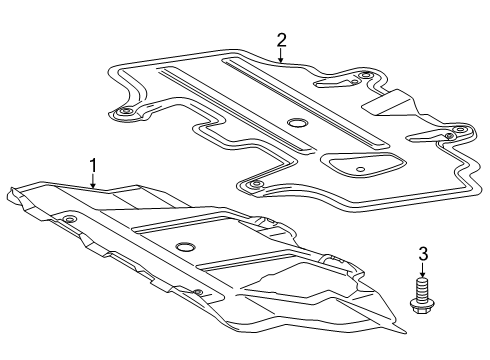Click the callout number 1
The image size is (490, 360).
(93, 165)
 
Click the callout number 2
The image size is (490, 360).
(281, 40)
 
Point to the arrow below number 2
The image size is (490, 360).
(281, 58)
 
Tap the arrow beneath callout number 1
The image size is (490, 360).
(93, 182)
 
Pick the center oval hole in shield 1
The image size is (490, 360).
(184, 247)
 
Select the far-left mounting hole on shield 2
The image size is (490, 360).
(126, 113)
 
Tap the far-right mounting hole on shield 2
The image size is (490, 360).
(460, 130)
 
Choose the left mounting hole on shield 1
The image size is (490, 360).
(69, 218)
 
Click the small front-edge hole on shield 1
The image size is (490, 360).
(197, 292)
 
